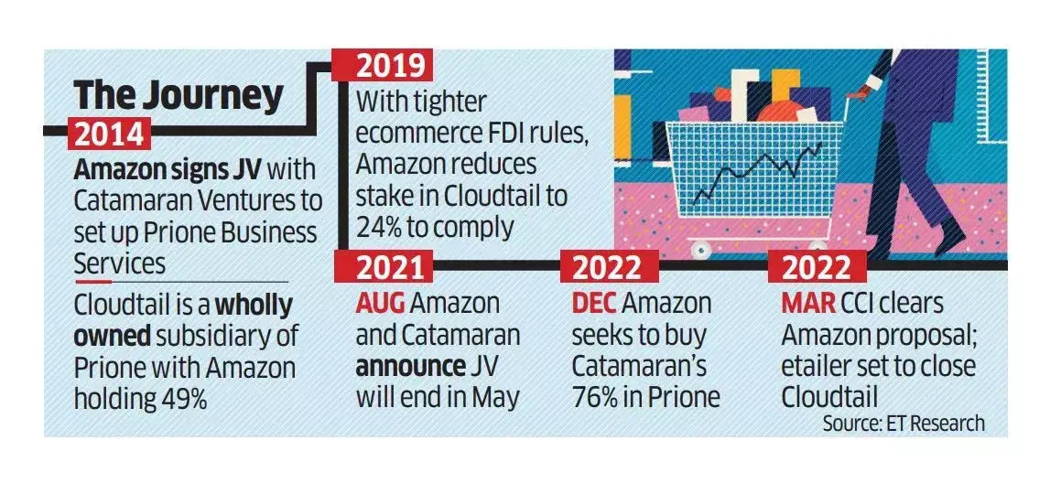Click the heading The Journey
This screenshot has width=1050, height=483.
pyautogui.click(x=178, y=94)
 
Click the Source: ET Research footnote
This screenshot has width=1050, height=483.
pyautogui.click(x=904, y=423)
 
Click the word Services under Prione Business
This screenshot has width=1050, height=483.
pyautogui.click(x=120, y=263)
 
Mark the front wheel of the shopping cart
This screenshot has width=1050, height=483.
pyautogui.click(x=701, y=248)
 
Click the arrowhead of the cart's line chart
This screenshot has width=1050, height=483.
pyautogui.click(x=817, y=144)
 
